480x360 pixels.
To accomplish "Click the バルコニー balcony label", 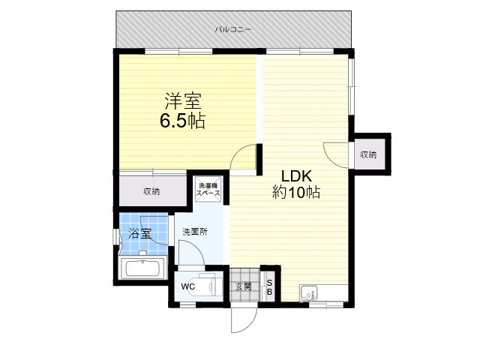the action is pyautogui.click(x=233, y=29).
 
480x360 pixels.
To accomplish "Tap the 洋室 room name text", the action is pyautogui.click(x=183, y=100).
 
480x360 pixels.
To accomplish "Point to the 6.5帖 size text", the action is pyautogui.click(x=182, y=121).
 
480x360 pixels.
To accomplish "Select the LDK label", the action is pyautogui.click(x=296, y=176).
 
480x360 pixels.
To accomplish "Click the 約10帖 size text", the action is pyautogui.click(x=296, y=192).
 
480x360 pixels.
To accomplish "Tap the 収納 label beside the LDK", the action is pyautogui.click(x=368, y=154).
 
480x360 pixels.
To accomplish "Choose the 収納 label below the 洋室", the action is pyautogui.click(x=151, y=192).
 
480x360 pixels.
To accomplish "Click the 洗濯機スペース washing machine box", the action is pyautogui.click(x=208, y=190).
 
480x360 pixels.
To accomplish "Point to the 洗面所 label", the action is pyautogui.click(x=195, y=232).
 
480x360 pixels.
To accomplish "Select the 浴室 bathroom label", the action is pyautogui.click(x=139, y=233).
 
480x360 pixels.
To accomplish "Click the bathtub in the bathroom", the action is pyautogui.click(x=143, y=268).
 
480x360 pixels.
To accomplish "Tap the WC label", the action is pyautogui.click(x=188, y=286).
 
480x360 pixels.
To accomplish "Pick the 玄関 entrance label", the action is pyautogui.click(x=243, y=286).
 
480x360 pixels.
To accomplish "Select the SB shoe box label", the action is pyautogui.click(x=269, y=287).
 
